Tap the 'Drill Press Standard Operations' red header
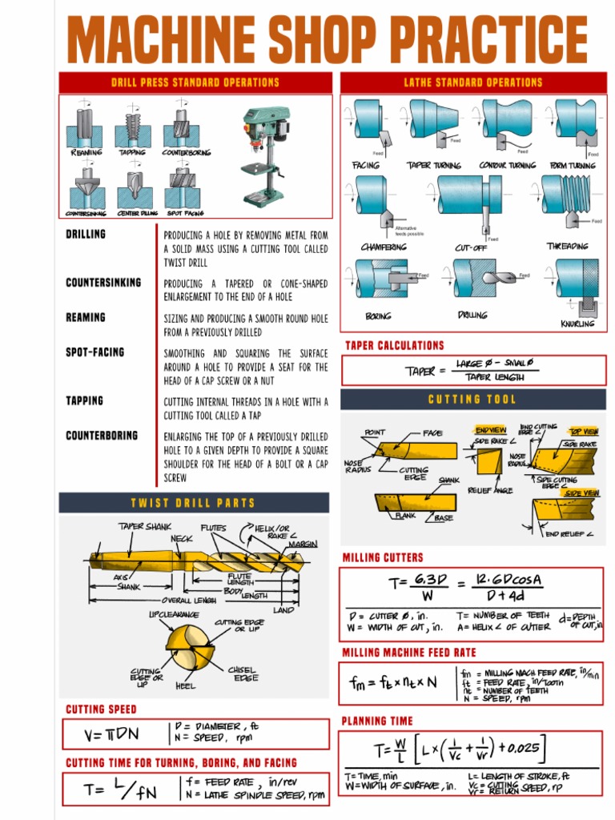(195, 82)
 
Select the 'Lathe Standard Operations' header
(473, 82)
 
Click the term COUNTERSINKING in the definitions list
(103, 283)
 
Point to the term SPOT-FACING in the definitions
(95, 352)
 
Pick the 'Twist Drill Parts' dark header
(194, 503)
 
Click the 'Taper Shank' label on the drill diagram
(145, 527)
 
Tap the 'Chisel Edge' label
(243, 673)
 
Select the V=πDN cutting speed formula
(113, 734)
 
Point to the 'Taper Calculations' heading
(394, 346)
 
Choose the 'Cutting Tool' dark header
(472, 400)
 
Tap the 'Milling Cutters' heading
(383, 557)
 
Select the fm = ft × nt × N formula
(393, 683)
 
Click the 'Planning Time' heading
(377, 722)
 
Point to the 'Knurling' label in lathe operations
(577, 324)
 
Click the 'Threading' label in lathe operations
(567, 247)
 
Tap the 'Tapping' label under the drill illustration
(133, 152)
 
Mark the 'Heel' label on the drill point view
(185, 686)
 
